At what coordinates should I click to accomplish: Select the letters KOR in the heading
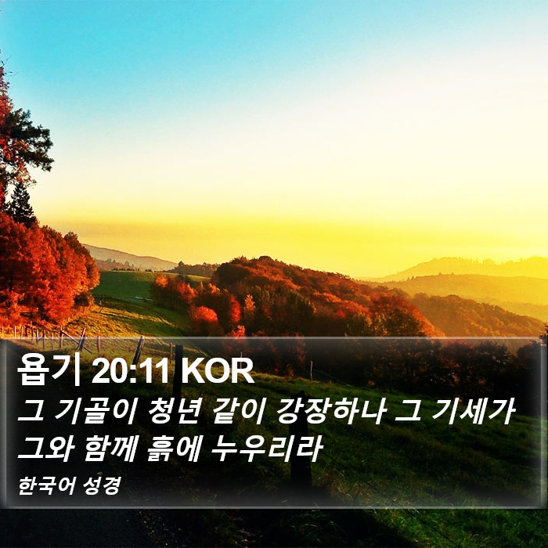[x=217, y=371]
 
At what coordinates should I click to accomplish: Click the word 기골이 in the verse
[x=95, y=411]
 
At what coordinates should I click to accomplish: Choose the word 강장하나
[x=330, y=411]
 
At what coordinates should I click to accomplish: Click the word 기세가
[x=473, y=411]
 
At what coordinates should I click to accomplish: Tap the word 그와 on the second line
[x=45, y=448]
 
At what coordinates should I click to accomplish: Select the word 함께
[x=110, y=448]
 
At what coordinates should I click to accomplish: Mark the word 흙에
[x=174, y=448]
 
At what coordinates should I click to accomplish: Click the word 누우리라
[x=266, y=448]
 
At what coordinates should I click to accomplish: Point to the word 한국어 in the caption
[x=46, y=485]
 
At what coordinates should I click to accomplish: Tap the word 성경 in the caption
[x=102, y=485]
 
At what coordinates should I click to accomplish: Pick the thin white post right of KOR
[x=311, y=371]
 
